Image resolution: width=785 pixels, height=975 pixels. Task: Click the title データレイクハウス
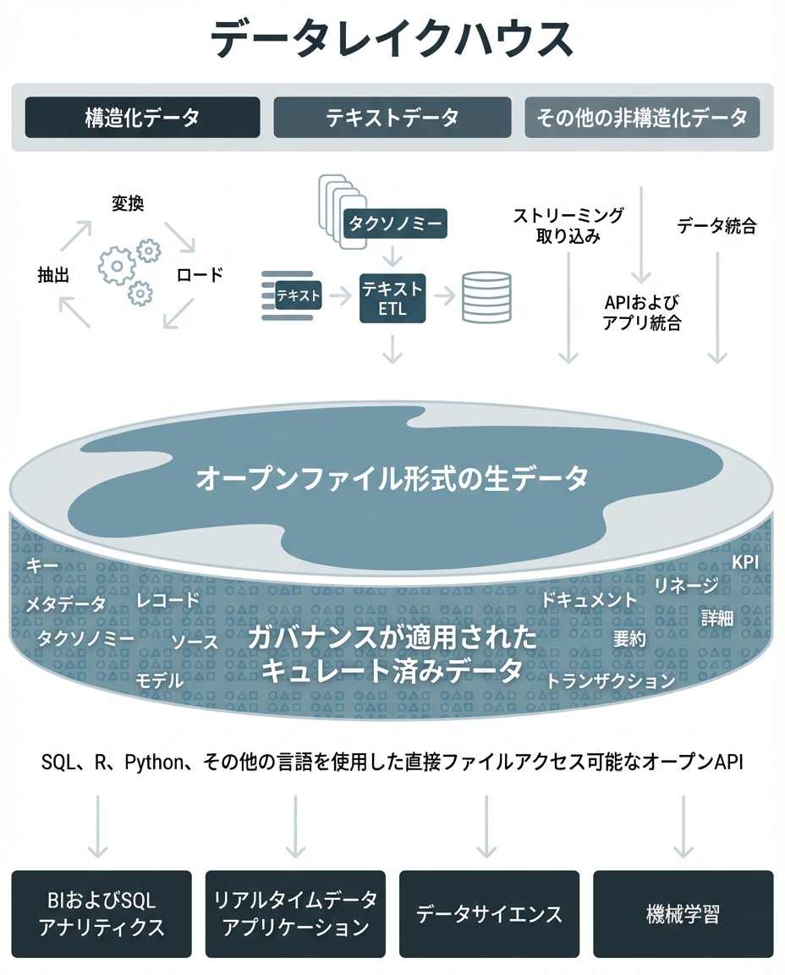pos(392,39)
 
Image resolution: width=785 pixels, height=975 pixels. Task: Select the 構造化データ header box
pos(142,117)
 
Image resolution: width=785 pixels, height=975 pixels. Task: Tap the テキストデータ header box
pos(392,117)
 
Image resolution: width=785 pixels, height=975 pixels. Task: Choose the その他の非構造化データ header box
pos(642,117)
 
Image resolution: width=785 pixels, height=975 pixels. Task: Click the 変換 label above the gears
pos(128,203)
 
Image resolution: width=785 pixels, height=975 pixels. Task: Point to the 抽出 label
pos(53,275)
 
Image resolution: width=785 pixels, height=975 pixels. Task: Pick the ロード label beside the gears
pos(199,274)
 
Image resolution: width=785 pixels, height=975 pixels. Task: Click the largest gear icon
pos(117,266)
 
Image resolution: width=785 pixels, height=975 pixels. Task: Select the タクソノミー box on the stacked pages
pos(395,223)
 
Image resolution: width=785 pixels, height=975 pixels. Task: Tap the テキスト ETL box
pos(392,299)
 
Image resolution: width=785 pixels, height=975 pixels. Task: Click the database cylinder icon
pos(486,297)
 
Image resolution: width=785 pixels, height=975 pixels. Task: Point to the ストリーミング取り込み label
pos(568,225)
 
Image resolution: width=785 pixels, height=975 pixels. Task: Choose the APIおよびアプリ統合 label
pos(642,313)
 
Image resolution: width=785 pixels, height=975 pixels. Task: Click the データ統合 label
pos(716,226)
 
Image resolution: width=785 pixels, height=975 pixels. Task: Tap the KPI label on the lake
pos(744,562)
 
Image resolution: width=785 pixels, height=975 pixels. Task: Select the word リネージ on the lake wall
pos(685,585)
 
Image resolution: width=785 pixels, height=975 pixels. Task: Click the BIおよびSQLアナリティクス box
pos(102,913)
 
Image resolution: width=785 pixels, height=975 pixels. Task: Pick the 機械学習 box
pos(683,913)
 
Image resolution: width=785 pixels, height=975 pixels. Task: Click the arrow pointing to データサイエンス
pos(486,826)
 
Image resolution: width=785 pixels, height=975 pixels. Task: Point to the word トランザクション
pos(611,680)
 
